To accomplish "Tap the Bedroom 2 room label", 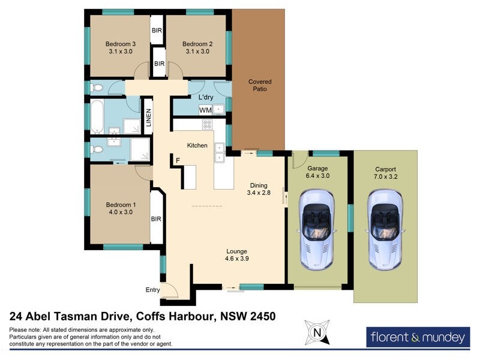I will (x=197, y=48).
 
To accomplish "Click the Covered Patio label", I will (x=260, y=85).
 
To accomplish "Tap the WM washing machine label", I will (x=205, y=110).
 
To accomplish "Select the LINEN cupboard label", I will (x=148, y=117).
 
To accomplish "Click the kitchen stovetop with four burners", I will (x=207, y=125).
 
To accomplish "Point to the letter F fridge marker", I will (x=177, y=160).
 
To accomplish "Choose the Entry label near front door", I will (x=153, y=290).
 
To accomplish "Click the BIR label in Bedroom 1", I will (x=156, y=219).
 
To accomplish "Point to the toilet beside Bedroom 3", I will (x=98, y=88).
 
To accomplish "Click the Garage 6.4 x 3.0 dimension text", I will (x=318, y=172).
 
